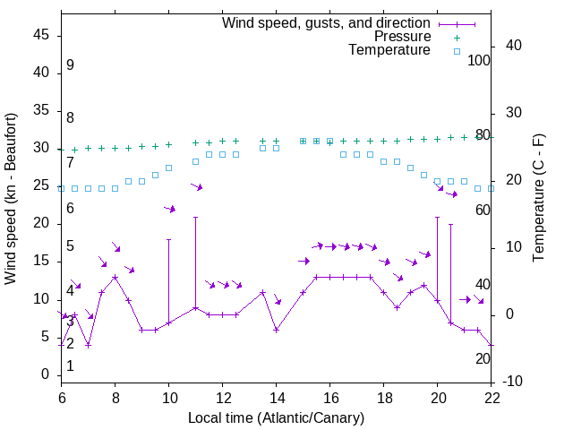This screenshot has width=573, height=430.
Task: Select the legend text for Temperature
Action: pos(389,51)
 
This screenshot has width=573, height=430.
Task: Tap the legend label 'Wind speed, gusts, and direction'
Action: pos(327,22)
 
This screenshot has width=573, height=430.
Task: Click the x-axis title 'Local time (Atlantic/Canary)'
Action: pos(276,417)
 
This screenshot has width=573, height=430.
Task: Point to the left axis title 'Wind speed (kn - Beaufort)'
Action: pos(11,199)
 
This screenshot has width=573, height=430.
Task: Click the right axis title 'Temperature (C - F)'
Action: pos(538,199)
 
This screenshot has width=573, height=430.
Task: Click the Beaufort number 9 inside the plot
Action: pos(70,65)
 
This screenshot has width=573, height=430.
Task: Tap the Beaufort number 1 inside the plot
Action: pos(70,366)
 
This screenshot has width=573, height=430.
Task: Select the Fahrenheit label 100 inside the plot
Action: pos(479,60)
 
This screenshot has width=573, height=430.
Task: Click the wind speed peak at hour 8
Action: pos(115,277)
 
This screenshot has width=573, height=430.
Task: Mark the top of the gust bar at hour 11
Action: pos(195,217)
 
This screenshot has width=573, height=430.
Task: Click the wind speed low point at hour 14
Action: pos(276,330)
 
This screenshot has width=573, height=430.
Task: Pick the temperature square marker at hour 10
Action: pos(168,168)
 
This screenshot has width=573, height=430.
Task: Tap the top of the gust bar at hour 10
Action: pos(168,239)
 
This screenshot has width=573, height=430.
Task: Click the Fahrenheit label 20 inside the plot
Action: pos(483,358)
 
